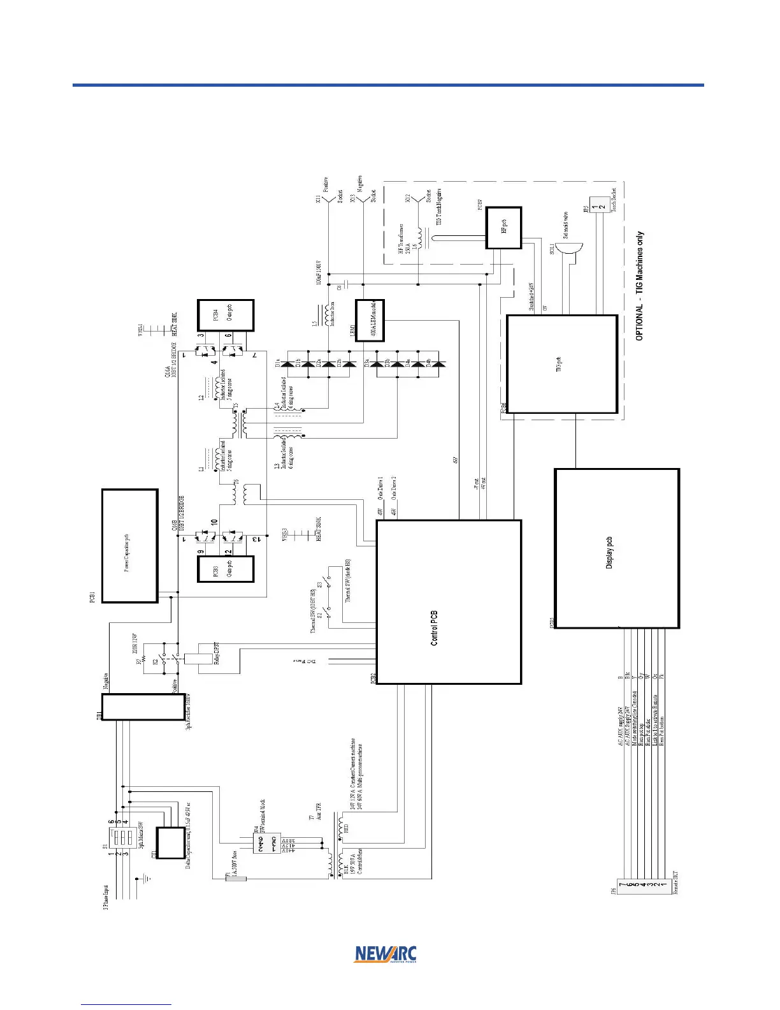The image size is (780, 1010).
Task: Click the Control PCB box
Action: pyautogui.click(x=449, y=602)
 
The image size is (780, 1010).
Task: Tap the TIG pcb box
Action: pyautogui.click(x=561, y=364)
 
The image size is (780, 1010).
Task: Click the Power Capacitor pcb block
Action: pyautogui.click(x=129, y=546)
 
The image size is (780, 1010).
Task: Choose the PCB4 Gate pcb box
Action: pyautogui.click(x=226, y=315)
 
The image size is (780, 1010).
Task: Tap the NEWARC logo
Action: pyautogui.click(x=385, y=954)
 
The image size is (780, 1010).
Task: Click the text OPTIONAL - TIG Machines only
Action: pyautogui.click(x=640, y=286)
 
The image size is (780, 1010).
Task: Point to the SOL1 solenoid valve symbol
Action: pyautogui.click(x=570, y=249)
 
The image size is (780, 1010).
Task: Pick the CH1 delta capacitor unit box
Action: pyautogui.click(x=171, y=842)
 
